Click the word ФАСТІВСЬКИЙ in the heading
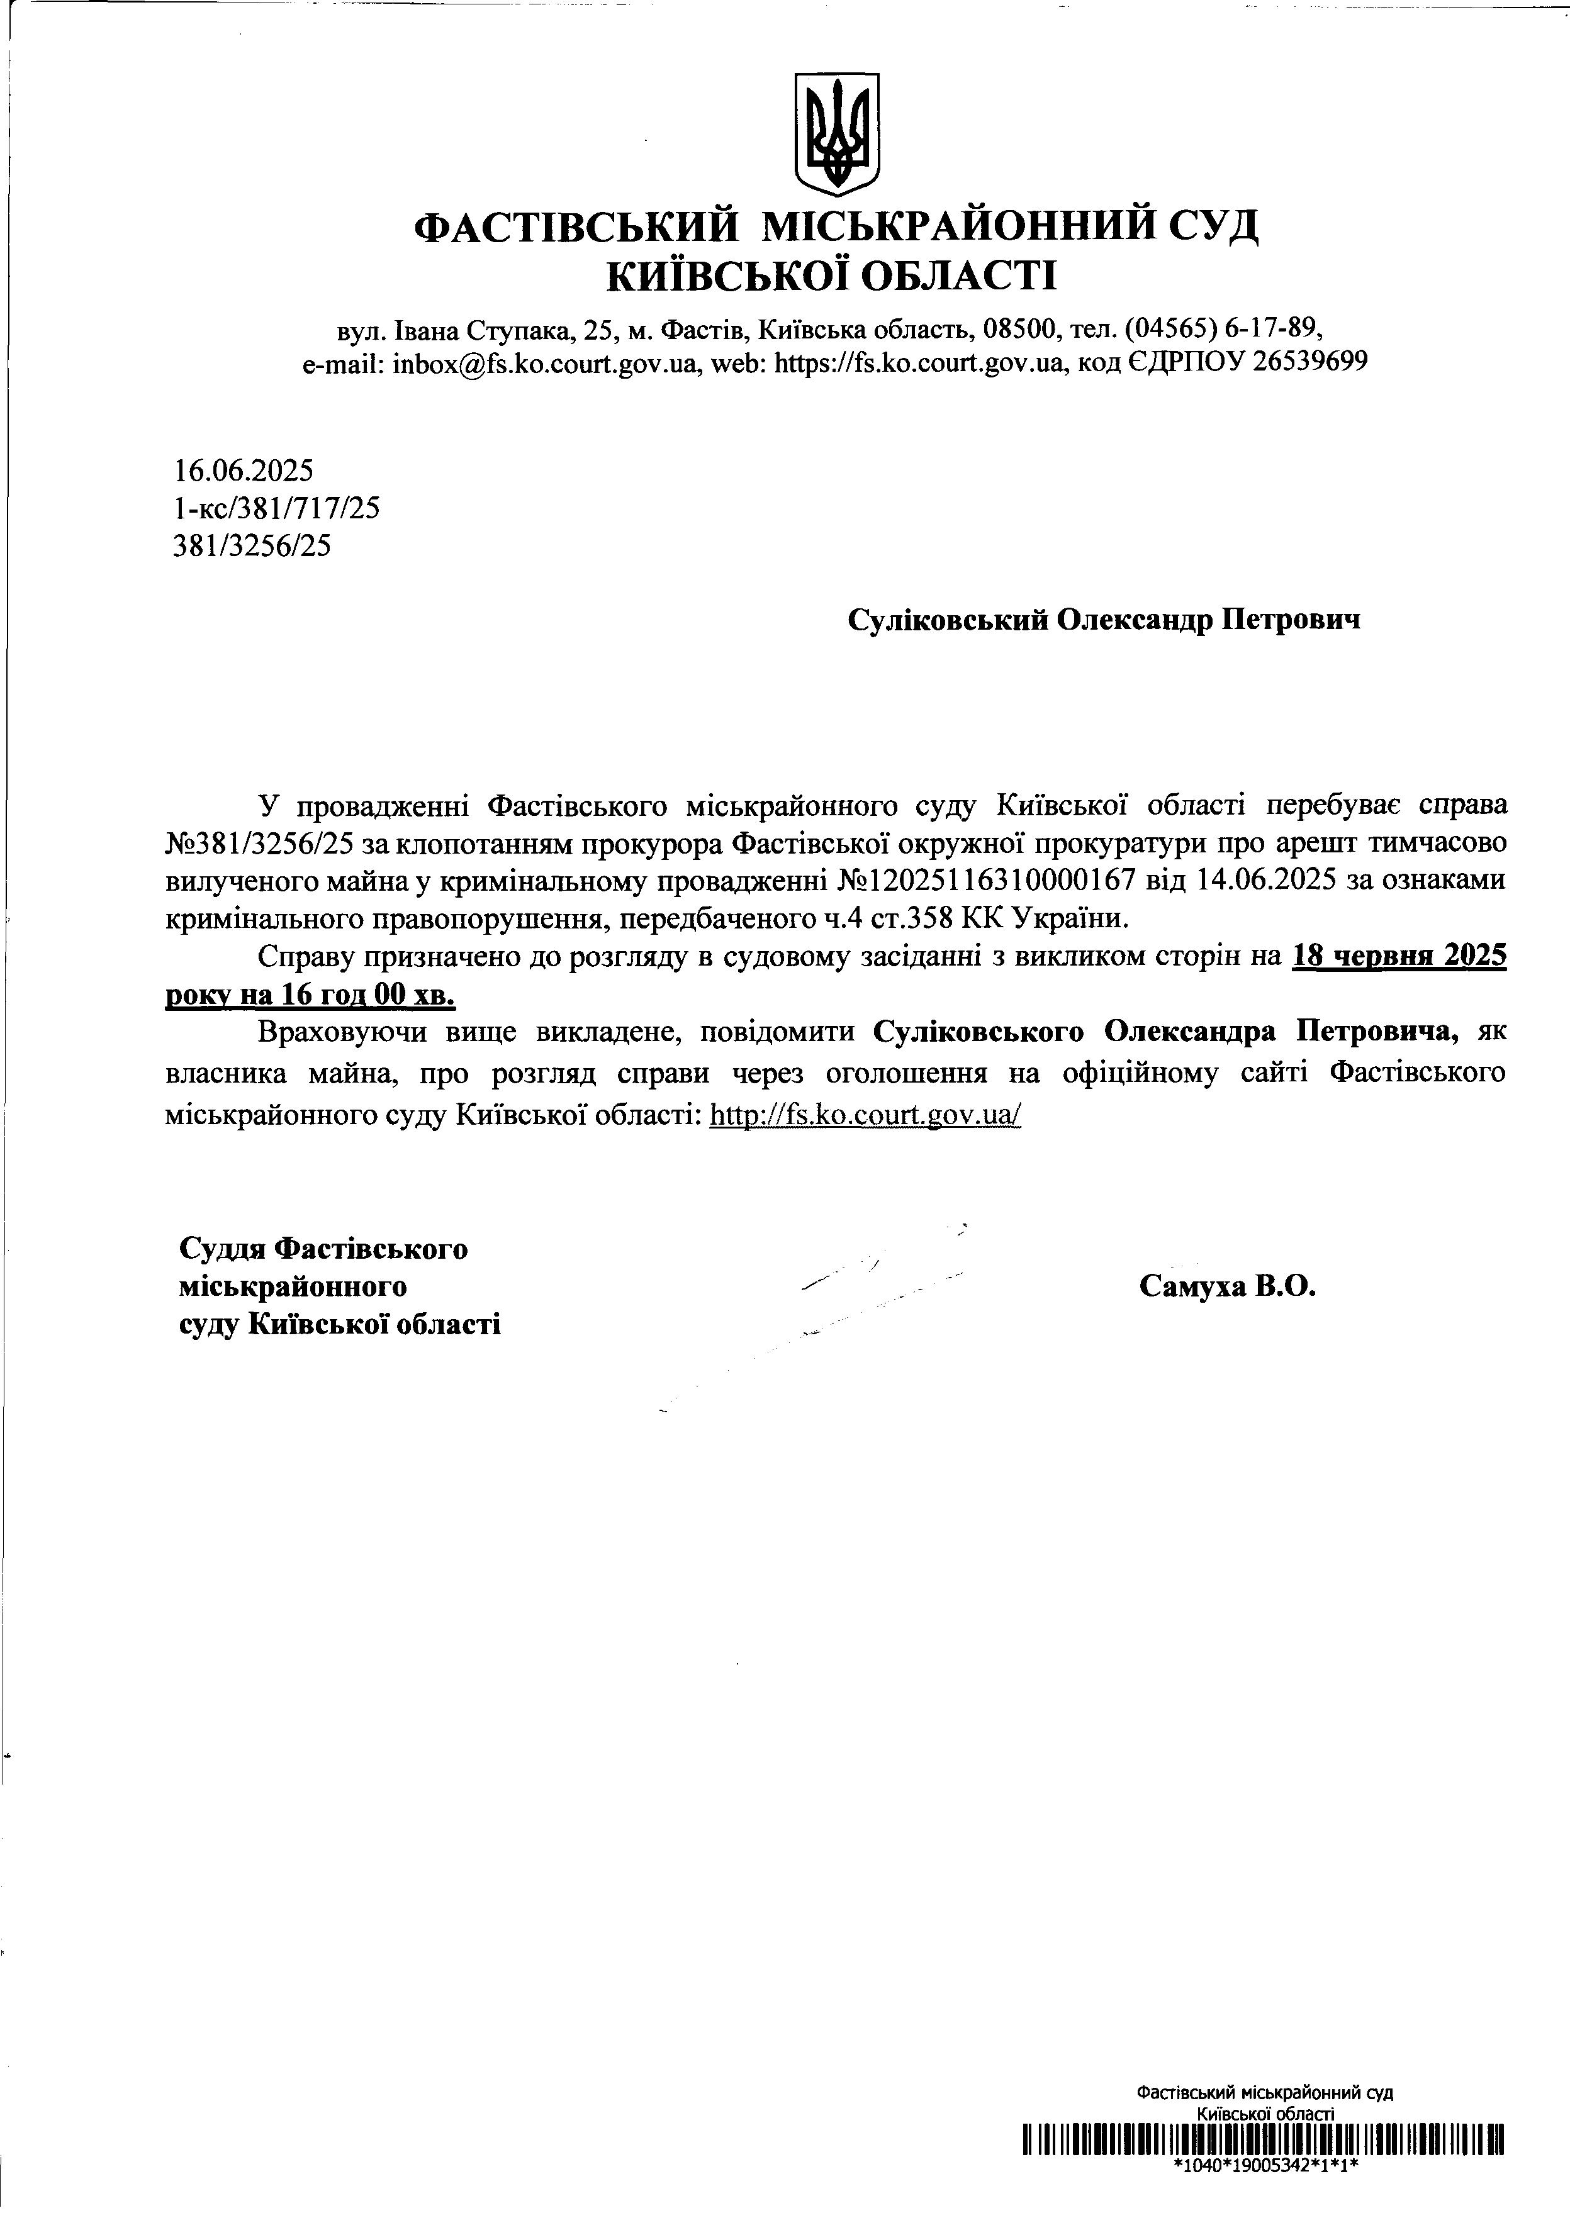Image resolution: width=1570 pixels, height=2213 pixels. [x=576, y=228]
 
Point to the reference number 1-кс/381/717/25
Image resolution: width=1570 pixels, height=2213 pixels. [x=276, y=508]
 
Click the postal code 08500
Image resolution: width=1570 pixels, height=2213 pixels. [x=1022, y=330]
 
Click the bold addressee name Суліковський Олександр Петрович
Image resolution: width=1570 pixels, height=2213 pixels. [x=1103, y=620]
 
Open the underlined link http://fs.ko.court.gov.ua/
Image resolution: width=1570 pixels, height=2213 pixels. [x=865, y=1114]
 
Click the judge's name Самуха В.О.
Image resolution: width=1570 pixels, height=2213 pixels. [x=1228, y=1286]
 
